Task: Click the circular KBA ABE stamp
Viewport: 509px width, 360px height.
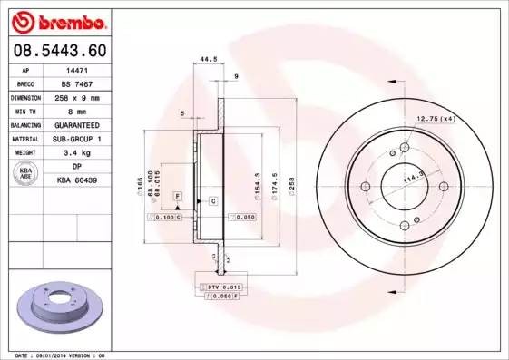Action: [24, 173]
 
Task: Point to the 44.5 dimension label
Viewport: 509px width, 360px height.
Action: [208, 60]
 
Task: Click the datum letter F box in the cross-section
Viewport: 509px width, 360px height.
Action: [178, 196]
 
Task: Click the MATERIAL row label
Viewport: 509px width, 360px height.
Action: [24, 138]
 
